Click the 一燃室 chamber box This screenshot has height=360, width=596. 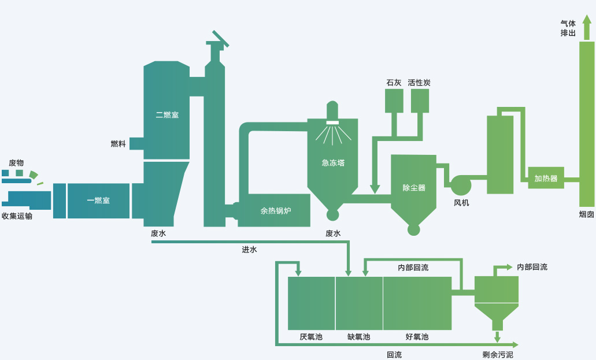tap(98, 201)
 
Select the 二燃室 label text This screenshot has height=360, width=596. tap(167, 115)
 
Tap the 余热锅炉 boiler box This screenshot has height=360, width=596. tap(275, 211)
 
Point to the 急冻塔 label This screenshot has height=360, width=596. tap(333, 163)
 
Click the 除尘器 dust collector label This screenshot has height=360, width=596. tap(413, 188)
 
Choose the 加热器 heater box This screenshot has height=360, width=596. tap(546, 178)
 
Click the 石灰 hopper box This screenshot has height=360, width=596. tap(394, 101)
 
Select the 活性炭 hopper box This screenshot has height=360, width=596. tap(420, 101)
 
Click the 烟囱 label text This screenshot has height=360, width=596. tap(586, 214)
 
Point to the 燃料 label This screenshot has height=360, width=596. tap(118, 144)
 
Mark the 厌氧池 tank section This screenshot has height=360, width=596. tap(311, 303)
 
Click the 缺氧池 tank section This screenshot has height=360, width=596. tap(359, 303)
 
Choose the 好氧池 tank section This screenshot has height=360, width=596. tap(417, 303)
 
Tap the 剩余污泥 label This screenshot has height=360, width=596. tap(498, 354)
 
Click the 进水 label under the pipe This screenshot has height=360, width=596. tap(249, 250)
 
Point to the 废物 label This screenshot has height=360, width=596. tap(16, 164)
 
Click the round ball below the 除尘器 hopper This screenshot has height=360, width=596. tap(413, 229)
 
